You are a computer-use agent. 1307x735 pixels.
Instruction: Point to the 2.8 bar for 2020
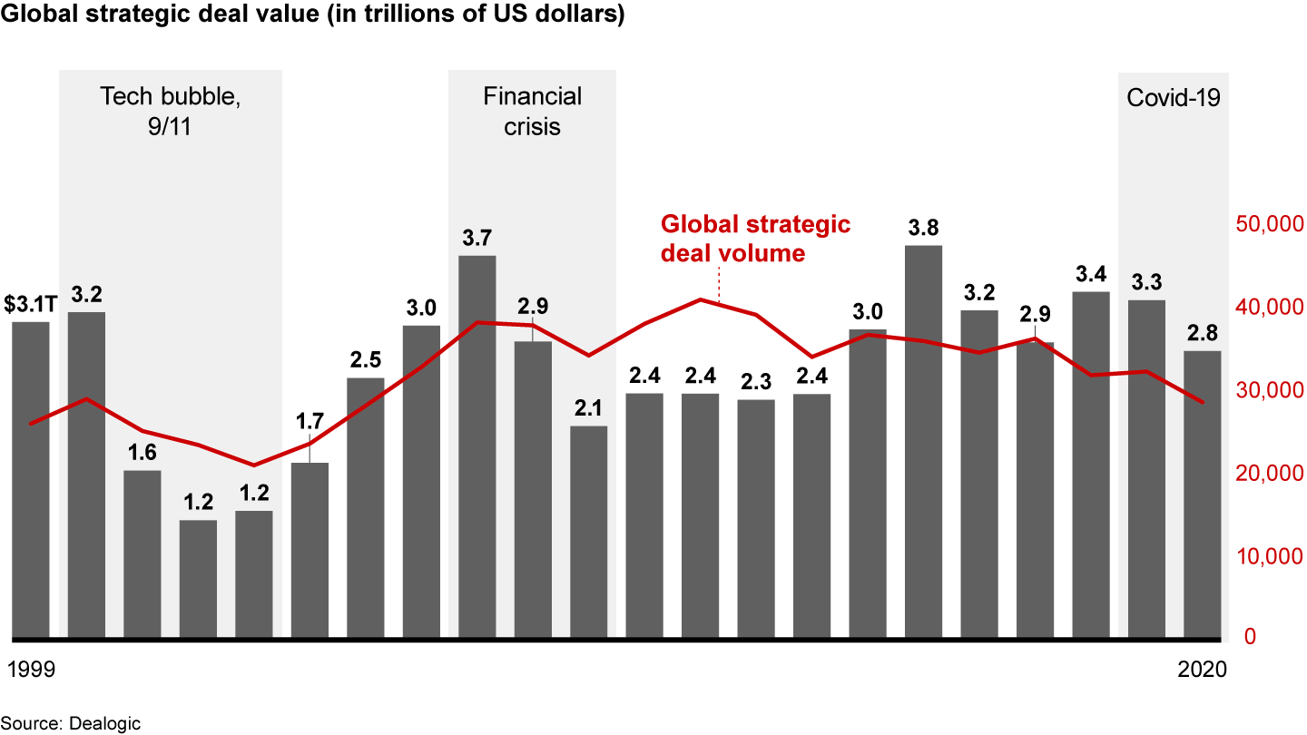[x=1202, y=494]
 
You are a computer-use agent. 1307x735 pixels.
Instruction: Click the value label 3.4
[x=1090, y=273]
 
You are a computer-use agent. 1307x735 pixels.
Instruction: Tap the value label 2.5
[x=366, y=360]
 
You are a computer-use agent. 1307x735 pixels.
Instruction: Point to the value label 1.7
[x=310, y=421]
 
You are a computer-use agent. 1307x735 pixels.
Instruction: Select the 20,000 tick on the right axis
[x=1267, y=474]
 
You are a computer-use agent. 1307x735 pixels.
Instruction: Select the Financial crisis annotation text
[x=533, y=111]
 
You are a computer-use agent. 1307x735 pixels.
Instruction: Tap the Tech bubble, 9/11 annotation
[x=170, y=111]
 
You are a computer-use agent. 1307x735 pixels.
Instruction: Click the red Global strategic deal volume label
[x=755, y=238]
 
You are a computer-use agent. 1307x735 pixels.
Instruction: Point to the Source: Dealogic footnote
[x=63, y=723]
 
